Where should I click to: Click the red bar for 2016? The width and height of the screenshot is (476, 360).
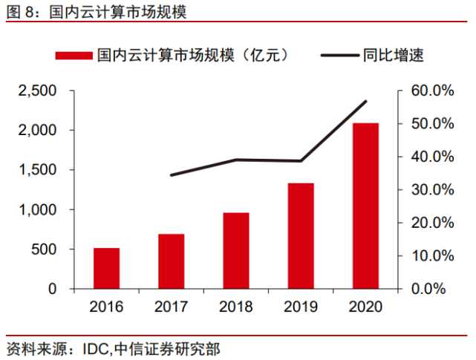click(x=106, y=268)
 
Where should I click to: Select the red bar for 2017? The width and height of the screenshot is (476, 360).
click(x=171, y=261)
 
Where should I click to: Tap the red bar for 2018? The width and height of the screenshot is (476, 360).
click(x=236, y=250)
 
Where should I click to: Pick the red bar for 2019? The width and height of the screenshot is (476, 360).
click(x=301, y=235)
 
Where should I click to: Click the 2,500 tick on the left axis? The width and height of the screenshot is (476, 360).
click(x=39, y=91)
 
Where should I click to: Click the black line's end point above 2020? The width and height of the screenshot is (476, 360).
click(x=366, y=101)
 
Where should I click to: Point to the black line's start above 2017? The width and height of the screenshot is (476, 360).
click(x=172, y=175)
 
